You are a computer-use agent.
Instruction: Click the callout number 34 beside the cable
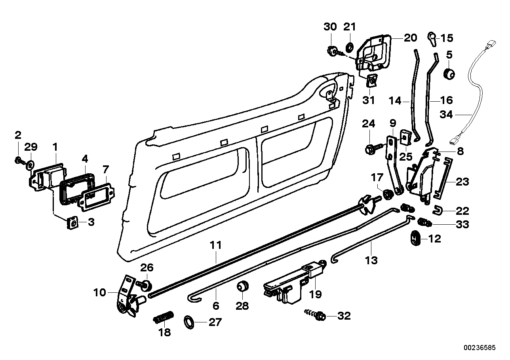point(446,115)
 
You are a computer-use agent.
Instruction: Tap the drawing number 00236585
point(480,348)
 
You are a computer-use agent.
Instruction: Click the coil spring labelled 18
point(163,317)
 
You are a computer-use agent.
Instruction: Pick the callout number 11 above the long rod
point(216,245)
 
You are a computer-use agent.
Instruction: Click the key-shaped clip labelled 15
point(432,38)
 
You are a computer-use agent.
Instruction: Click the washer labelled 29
point(30,163)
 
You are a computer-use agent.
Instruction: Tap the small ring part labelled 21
point(350,47)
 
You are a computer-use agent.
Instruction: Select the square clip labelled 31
point(371,80)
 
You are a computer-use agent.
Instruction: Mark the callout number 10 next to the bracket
point(101,293)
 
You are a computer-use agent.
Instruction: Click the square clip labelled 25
point(404,137)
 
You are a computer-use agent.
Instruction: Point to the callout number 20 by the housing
point(410,38)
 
